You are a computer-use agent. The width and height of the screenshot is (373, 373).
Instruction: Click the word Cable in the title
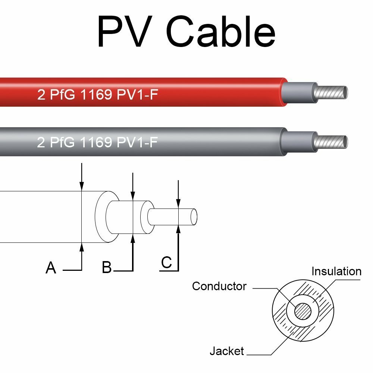[220, 32]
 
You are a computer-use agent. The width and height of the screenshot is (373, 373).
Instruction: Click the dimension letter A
[51, 268]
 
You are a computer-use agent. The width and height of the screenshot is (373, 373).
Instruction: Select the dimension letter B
[107, 267]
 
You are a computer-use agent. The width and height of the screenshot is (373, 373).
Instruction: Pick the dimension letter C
[166, 263]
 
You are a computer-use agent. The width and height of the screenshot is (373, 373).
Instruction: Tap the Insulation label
[336, 272]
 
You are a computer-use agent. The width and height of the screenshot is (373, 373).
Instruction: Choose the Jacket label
[226, 351]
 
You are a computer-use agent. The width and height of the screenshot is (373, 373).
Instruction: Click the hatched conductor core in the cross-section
[303, 310]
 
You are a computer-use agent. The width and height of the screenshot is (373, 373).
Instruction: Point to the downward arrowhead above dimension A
[82, 186]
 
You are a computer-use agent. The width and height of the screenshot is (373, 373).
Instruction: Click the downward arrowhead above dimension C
[179, 204]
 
